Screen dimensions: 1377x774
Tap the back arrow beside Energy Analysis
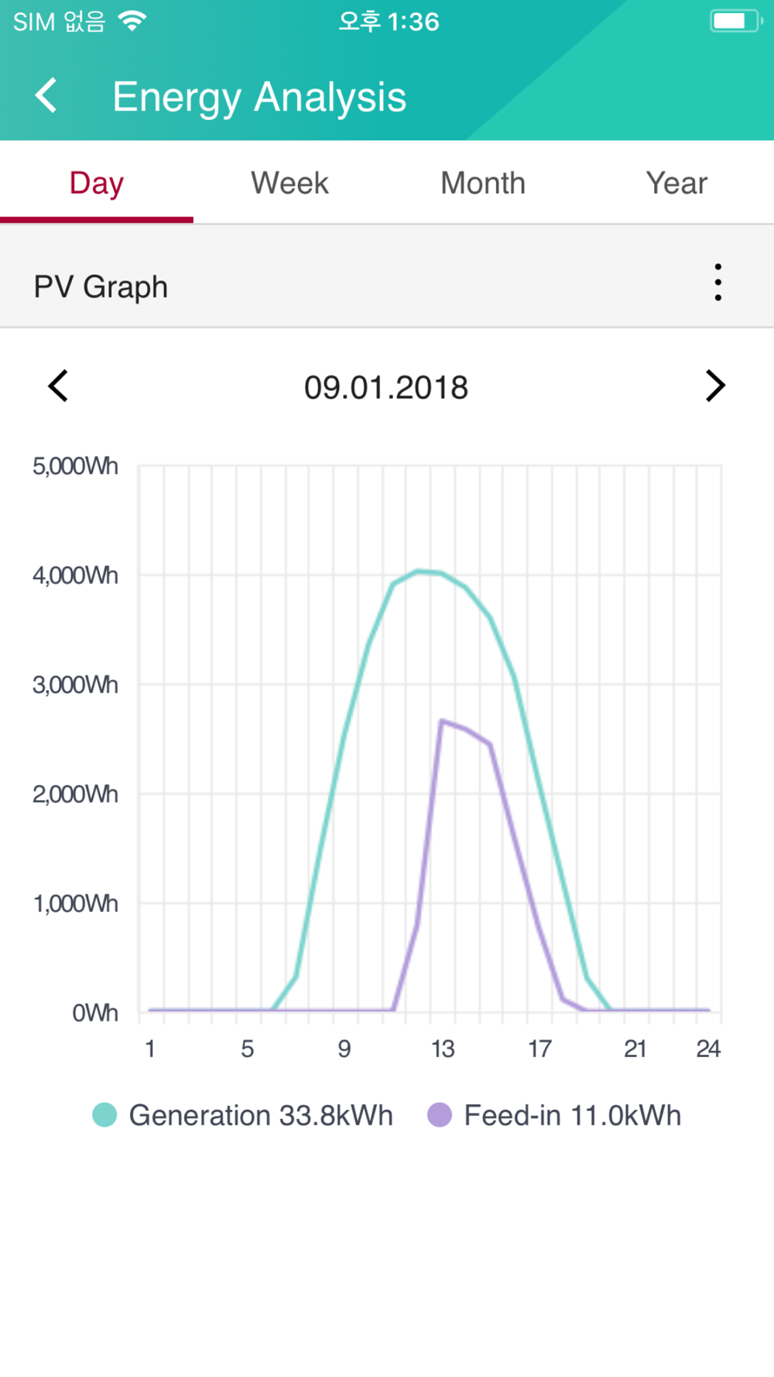[46, 96]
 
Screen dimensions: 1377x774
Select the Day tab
[97, 184]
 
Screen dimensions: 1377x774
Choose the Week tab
[289, 184]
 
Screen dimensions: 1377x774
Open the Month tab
[483, 184]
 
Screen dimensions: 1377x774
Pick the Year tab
[676, 184]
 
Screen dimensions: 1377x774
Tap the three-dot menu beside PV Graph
[718, 283]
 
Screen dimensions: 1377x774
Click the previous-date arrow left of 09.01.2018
[59, 386]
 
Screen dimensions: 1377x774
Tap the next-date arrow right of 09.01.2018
[714, 386]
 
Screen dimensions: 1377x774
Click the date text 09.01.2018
[386, 387]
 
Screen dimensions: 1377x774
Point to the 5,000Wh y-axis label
[75, 466]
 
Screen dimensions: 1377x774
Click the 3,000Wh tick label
[75, 685]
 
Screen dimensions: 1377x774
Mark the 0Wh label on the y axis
[94, 1013]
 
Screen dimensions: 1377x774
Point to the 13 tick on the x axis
[443, 1049]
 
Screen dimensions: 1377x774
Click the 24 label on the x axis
[708, 1049]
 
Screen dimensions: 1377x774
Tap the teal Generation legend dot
[104, 1115]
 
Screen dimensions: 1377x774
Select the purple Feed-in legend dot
[440, 1115]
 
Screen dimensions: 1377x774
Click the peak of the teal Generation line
[419, 572]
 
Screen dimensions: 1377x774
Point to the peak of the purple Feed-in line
[442, 721]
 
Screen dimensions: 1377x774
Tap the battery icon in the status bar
[735, 21]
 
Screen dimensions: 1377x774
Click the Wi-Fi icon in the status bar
[132, 21]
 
